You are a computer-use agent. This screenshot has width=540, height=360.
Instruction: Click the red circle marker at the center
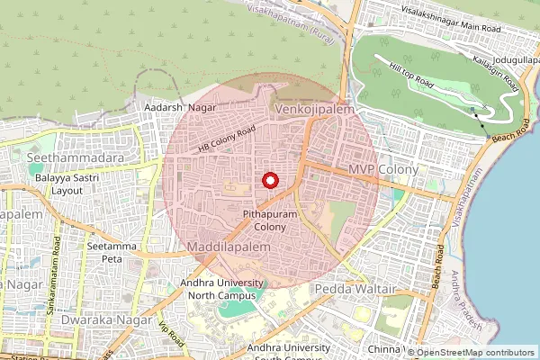click(x=269, y=180)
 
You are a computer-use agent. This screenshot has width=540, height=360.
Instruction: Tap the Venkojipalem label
click(x=314, y=108)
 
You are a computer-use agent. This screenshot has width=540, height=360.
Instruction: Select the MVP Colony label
click(x=383, y=169)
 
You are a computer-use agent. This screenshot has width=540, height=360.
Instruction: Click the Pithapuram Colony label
click(x=265, y=220)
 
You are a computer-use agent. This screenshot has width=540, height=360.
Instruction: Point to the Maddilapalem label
click(x=229, y=246)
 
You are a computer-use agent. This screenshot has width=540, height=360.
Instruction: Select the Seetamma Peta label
click(x=104, y=252)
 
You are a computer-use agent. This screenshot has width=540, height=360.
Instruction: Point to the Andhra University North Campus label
click(x=221, y=288)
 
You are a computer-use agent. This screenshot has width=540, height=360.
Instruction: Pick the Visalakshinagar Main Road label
click(x=449, y=26)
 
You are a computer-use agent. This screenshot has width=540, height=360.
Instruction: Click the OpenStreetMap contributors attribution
click(x=475, y=353)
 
